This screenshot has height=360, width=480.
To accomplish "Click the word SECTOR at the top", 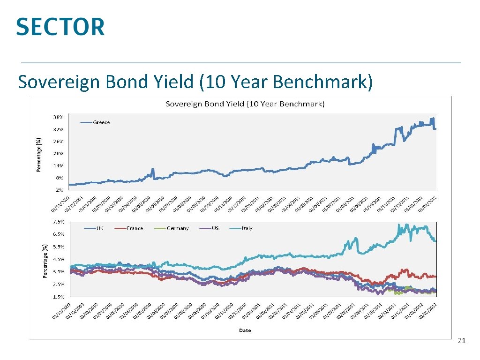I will click(60, 27).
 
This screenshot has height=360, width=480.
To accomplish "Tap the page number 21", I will click(461, 341).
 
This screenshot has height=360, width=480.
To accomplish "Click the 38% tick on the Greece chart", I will click(60, 117).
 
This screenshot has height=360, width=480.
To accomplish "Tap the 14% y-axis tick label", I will click(60, 166).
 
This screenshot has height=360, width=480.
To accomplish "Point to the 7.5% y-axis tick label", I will click(59, 221).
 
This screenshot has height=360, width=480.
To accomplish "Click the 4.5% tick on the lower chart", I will click(59, 259).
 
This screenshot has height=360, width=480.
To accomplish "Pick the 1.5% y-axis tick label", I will click(59, 297).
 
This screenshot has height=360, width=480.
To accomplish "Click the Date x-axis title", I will click(245, 330).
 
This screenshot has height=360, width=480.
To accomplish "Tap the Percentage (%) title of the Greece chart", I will click(39, 154).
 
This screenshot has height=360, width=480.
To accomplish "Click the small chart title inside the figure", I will click(245, 104).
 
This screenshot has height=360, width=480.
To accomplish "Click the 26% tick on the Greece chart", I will click(60, 142).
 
